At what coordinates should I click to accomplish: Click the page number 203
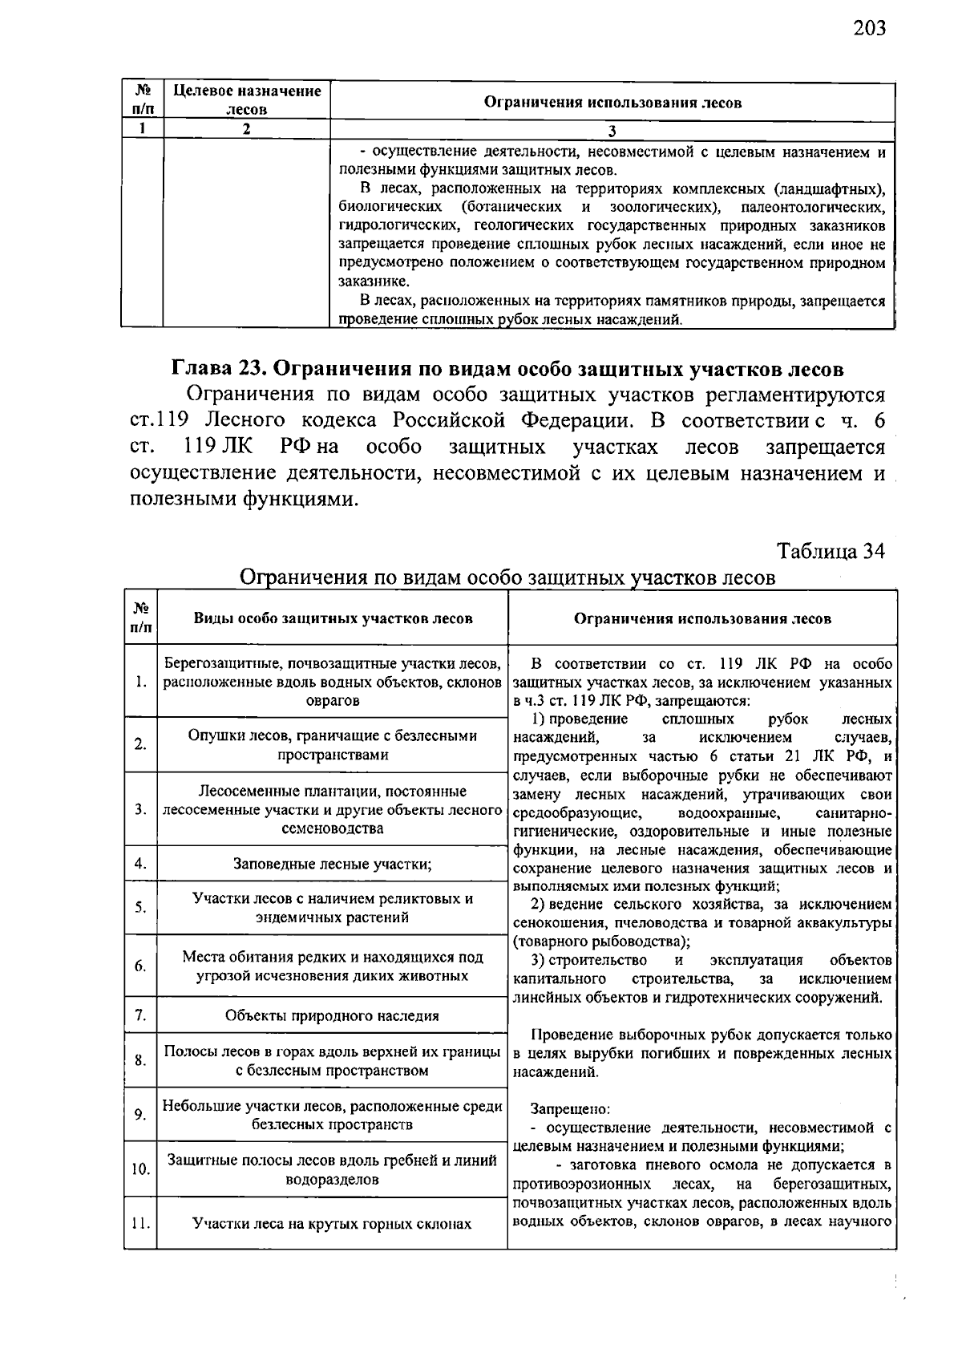tap(870, 29)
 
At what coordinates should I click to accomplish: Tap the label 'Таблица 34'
tap(831, 552)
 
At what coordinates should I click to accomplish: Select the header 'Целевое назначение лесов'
tap(247, 100)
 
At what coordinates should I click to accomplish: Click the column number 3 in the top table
tap(612, 130)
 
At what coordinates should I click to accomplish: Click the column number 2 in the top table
tap(247, 129)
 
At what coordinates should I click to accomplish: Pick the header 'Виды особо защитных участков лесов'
tap(333, 618)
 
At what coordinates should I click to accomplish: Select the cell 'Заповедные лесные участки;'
tap(333, 864)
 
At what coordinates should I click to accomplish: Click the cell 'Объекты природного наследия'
tap(333, 1015)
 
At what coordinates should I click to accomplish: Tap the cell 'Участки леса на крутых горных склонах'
tap(333, 1224)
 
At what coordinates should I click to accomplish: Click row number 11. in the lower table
tap(140, 1224)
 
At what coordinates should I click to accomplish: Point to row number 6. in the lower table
tap(140, 966)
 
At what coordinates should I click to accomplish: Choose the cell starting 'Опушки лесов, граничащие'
tap(333, 745)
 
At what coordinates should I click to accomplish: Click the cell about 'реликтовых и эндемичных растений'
tap(333, 908)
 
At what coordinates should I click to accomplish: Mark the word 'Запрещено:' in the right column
tap(570, 1109)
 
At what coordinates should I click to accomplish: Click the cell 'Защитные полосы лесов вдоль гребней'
tap(333, 1170)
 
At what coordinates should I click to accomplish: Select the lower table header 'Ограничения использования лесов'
tap(702, 618)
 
